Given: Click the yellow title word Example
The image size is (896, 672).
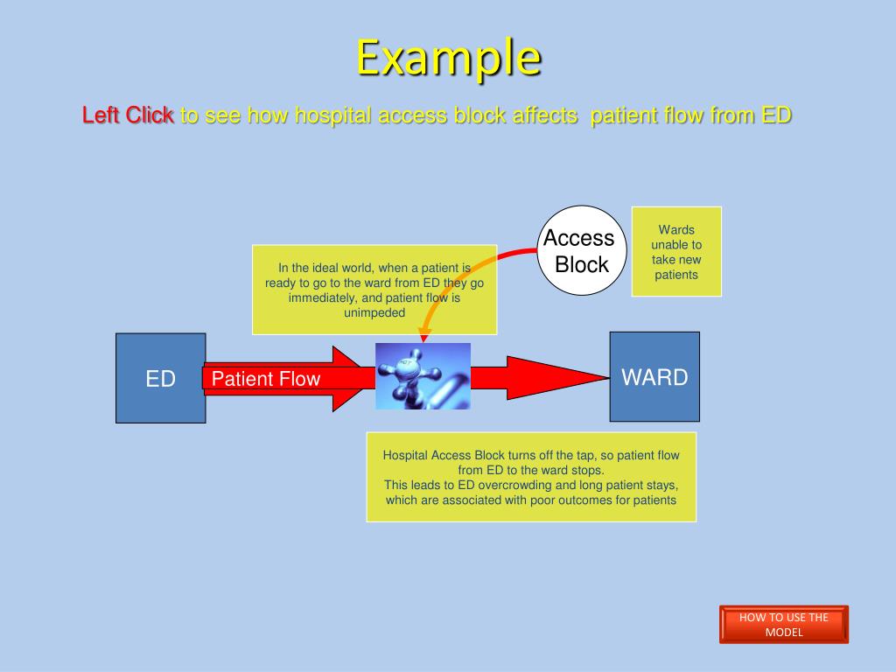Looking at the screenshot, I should coord(447,58).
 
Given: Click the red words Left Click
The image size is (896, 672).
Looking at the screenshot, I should coord(128,115).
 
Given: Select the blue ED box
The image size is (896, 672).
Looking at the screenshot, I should coord(161,378).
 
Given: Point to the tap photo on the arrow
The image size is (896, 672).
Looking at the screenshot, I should coord(423,376).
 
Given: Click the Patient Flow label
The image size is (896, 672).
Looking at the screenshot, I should coord(266,379).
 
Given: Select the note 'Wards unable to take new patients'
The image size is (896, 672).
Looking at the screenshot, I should coord(676,252).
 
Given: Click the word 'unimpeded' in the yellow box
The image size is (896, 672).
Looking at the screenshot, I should coord(374,312).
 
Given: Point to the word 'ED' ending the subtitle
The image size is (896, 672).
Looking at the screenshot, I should coord(776,115).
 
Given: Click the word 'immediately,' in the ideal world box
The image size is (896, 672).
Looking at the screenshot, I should coord(325,297).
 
